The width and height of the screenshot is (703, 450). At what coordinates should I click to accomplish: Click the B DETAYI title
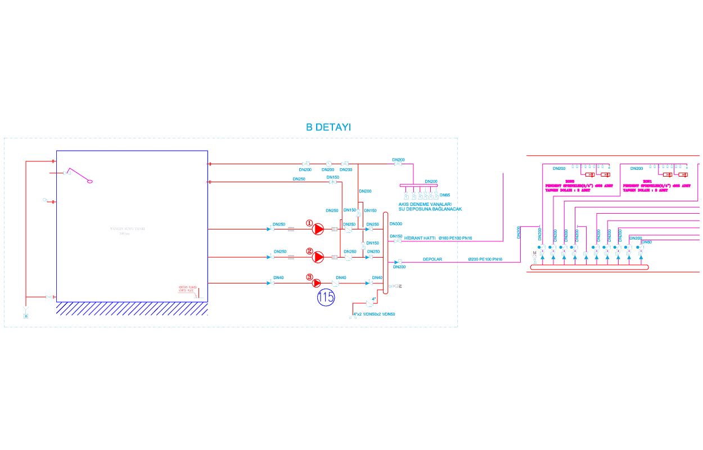pyautogui.click(x=328, y=127)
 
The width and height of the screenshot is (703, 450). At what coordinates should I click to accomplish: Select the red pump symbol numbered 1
pyautogui.click(x=318, y=229)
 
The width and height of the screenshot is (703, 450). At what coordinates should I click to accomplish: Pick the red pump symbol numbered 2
pyautogui.click(x=318, y=257)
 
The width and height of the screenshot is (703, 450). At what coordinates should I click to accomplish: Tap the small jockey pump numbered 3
pyautogui.click(x=317, y=283)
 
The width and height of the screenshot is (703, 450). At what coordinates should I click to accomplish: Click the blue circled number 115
pyautogui.click(x=326, y=298)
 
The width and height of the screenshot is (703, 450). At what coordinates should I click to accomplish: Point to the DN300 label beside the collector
pyautogui.click(x=396, y=224)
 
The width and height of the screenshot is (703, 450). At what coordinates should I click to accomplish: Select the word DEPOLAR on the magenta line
pyautogui.click(x=432, y=259)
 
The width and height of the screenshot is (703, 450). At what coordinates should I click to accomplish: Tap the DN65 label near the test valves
pyautogui.click(x=445, y=195)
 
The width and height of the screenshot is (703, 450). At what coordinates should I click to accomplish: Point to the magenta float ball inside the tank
pyautogui.click(x=89, y=181)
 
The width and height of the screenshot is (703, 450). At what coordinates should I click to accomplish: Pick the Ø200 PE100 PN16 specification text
pyautogui.click(x=485, y=259)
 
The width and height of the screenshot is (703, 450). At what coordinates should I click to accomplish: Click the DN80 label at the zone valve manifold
pyautogui.click(x=646, y=242)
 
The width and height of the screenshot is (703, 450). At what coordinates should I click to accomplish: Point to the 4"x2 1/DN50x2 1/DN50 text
pyautogui.click(x=374, y=314)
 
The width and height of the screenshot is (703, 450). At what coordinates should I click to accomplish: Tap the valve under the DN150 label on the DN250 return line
pyautogui.click(x=332, y=182)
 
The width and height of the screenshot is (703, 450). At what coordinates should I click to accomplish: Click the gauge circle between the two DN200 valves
pyautogui.click(x=328, y=164)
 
